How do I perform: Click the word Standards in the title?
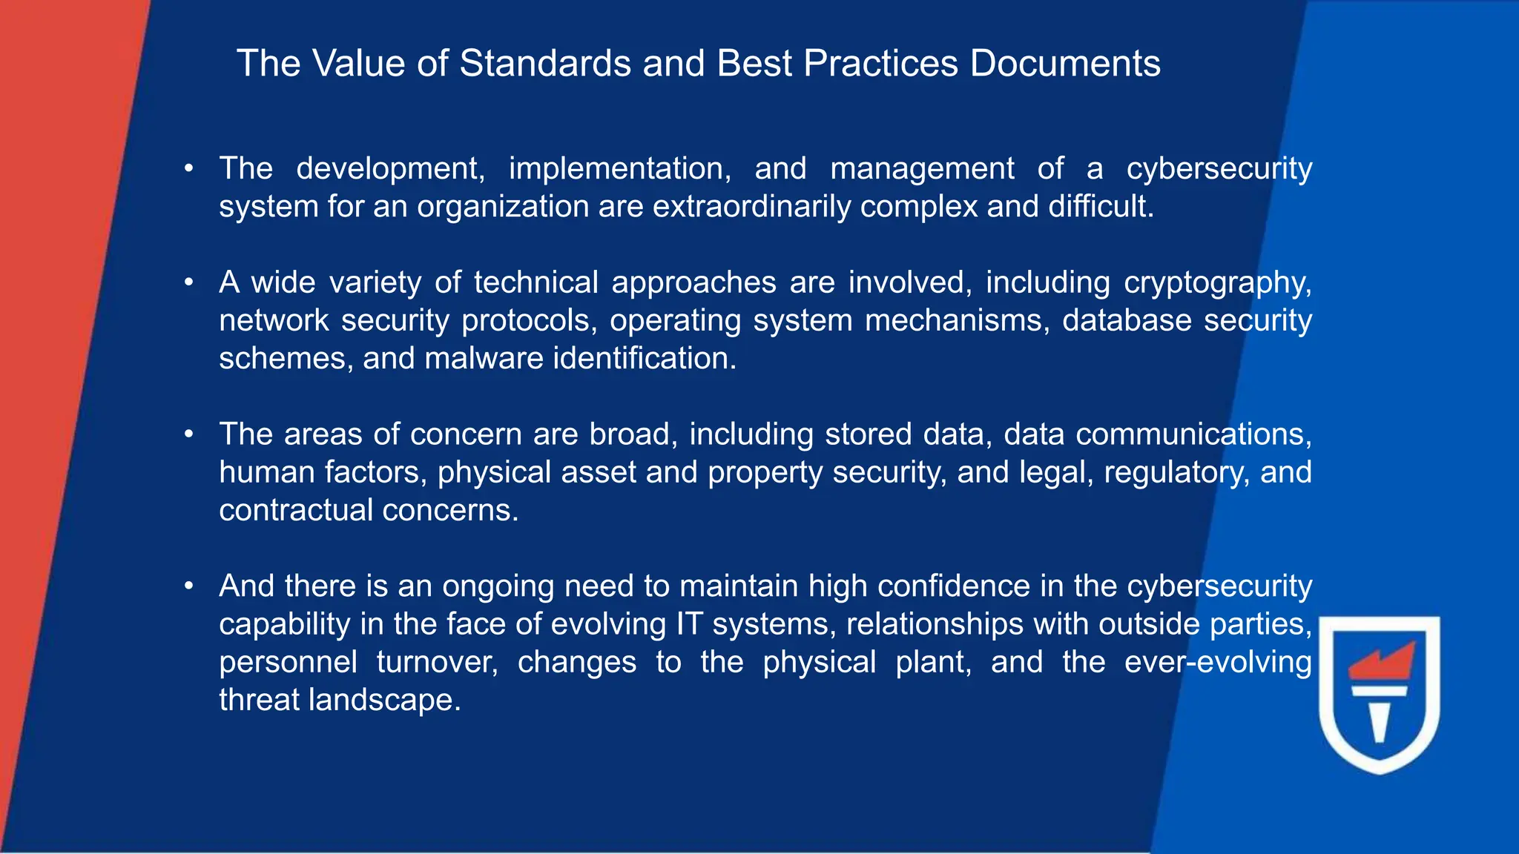click(x=545, y=63)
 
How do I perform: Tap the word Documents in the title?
click(x=1065, y=63)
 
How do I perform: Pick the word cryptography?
click(x=1218, y=283)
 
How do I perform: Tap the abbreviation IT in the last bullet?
click(x=689, y=624)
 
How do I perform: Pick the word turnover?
click(x=437, y=662)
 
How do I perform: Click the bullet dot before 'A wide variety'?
click(x=190, y=282)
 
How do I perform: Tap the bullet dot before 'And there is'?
click(x=190, y=586)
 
